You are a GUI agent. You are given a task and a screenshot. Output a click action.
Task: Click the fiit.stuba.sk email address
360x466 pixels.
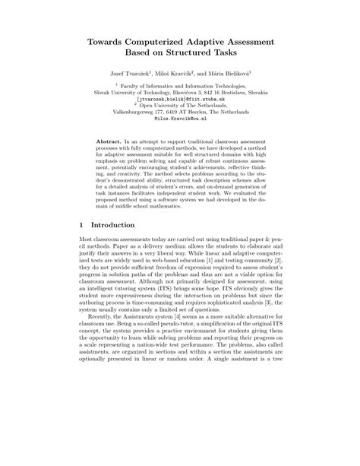pos(180,99)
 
